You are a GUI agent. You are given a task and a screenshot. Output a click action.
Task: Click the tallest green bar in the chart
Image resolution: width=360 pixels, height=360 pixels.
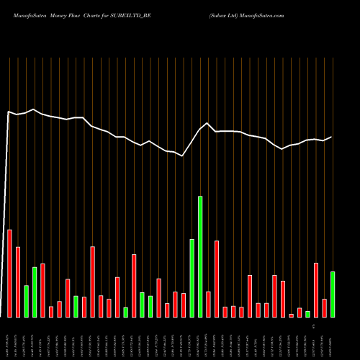pos(200,256)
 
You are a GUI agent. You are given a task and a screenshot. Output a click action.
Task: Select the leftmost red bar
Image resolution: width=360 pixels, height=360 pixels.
pos(9,273)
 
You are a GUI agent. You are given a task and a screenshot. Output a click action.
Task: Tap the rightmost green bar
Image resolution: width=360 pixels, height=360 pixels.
pos(333,294)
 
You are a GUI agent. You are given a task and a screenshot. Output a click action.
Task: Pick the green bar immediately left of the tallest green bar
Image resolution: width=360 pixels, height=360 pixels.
pos(192,278)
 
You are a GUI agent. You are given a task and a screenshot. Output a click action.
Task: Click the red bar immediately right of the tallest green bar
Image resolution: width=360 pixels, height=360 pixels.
pos(208,304)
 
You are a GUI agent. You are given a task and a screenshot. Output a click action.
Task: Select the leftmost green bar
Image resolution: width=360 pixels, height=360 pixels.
pos(26,301)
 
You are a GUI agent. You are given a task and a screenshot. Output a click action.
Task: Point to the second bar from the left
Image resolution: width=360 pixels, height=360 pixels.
pos(18,282)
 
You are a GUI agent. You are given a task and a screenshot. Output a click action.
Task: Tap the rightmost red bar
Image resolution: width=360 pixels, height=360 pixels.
pos(324,307)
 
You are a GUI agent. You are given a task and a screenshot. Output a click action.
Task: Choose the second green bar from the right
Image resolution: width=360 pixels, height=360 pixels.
pos(307,314)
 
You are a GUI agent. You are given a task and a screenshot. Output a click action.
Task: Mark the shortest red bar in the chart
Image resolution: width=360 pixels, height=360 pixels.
pos(292,315)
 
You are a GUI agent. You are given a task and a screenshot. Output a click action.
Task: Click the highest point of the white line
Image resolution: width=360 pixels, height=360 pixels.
pos(34,109)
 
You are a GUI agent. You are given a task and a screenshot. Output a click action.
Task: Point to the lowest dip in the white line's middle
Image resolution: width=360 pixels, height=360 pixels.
pos(183,155)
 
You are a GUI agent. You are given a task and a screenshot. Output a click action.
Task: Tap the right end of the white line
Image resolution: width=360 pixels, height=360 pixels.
pos(332,137)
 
